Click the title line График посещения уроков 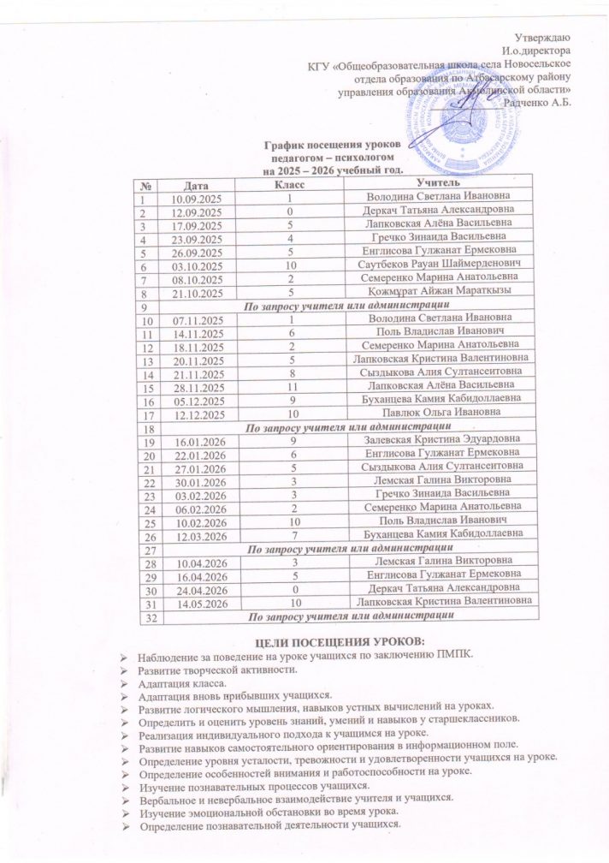coord(319,148)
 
